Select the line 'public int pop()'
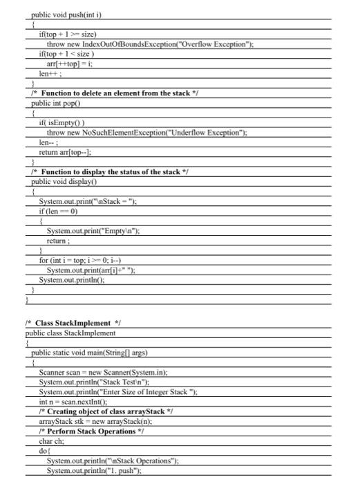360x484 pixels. coord(60,102)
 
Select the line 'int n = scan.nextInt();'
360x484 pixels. coord(78,402)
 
